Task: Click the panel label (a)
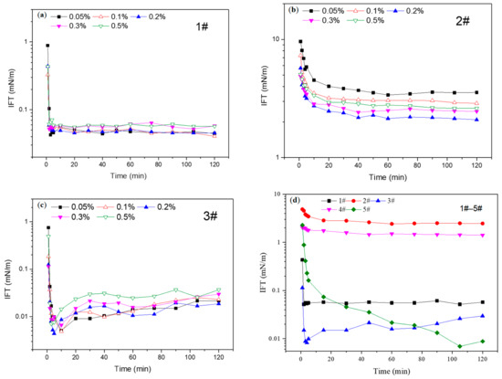pos(43,16)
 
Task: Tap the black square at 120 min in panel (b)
pos(476,92)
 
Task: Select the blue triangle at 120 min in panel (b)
pos(476,120)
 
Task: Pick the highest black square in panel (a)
pos(47,45)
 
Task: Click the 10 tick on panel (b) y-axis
pos(283,39)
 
